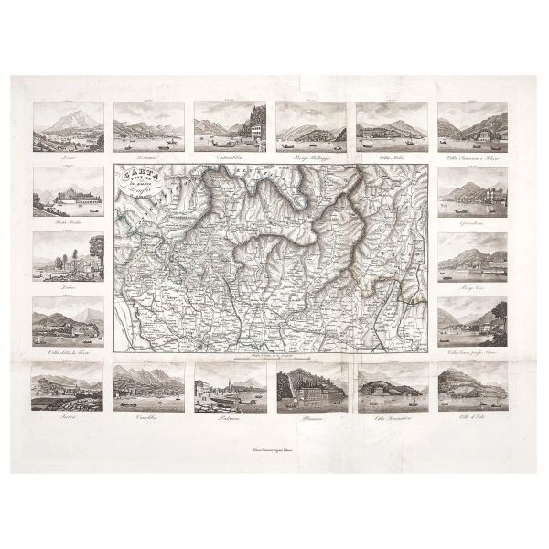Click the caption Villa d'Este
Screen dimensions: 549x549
(x=472, y=417)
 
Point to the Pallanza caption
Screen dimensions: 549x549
(x=229, y=417)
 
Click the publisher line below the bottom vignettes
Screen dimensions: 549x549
(x=274, y=449)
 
